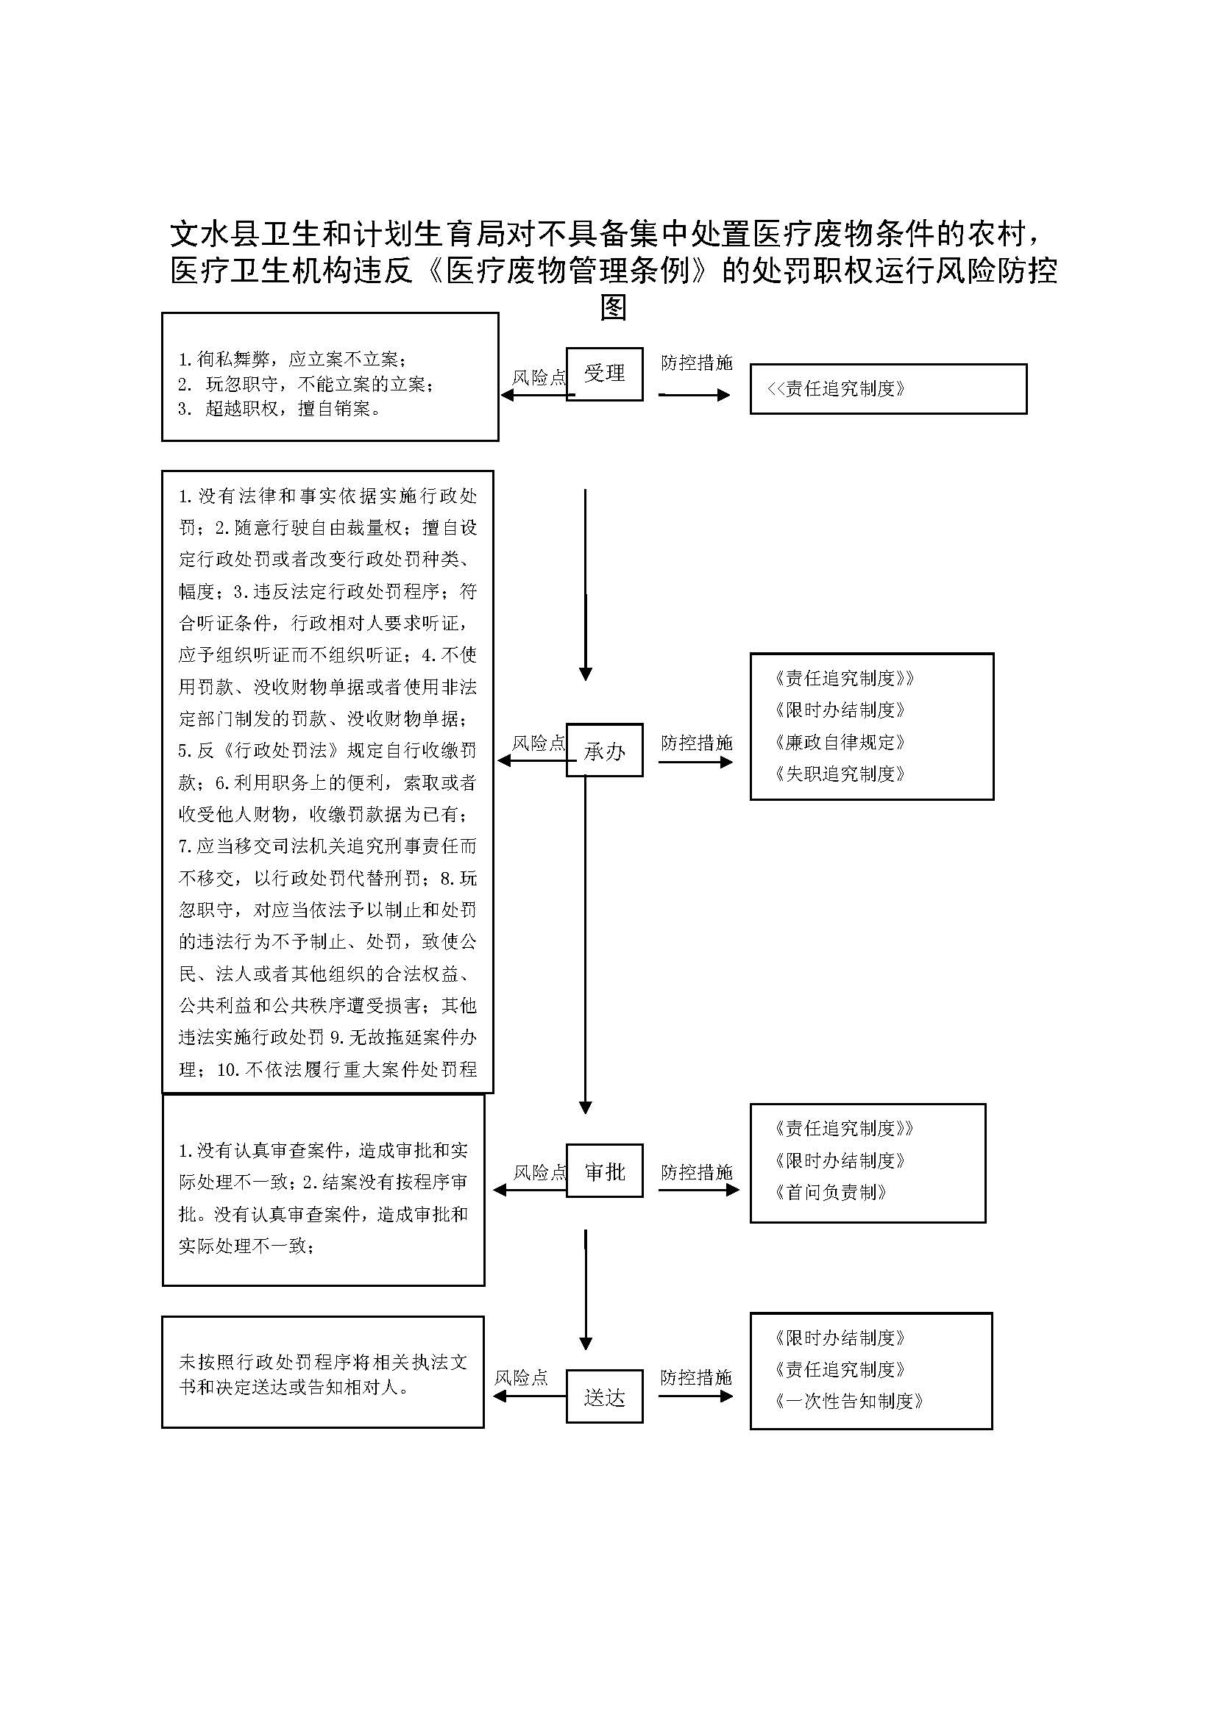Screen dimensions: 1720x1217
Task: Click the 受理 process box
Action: pyautogui.click(x=604, y=374)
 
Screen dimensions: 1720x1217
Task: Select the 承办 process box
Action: pyautogui.click(x=604, y=750)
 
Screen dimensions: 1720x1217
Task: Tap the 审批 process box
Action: pyautogui.click(x=604, y=1171)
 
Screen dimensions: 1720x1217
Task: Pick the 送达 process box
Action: pyautogui.click(x=604, y=1396)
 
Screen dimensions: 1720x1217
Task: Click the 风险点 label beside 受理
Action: pyautogui.click(x=538, y=377)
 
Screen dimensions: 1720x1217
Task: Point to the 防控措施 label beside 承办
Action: pyautogui.click(x=696, y=743)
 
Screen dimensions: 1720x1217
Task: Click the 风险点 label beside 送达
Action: pyautogui.click(x=521, y=1377)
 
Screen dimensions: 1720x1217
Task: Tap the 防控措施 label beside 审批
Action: pyautogui.click(x=696, y=1172)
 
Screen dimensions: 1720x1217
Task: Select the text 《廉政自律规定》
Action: pyautogui.click(x=840, y=743)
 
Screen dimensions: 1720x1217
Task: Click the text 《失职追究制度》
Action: pyautogui.click(x=840, y=774)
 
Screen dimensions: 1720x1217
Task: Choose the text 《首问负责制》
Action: pyautogui.click(x=831, y=1193)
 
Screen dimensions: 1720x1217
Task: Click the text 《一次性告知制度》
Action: pyautogui.click(x=849, y=1401)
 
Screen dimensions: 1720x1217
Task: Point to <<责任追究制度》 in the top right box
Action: pyautogui.click(x=837, y=389)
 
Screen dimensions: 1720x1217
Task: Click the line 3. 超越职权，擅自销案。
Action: pyautogui.click(x=279, y=409)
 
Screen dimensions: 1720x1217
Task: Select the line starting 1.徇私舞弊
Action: pyautogui.click(x=292, y=360)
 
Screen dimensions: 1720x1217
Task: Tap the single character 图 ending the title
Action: pyautogui.click(x=613, y=307)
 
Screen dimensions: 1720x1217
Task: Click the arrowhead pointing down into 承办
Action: pyautogui.click(x=586, y=674)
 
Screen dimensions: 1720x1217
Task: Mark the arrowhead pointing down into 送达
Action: pyautogui.click(x=586, y=1344)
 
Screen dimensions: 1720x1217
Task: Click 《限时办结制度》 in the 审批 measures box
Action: pyautogui.click(x=840, y=1161)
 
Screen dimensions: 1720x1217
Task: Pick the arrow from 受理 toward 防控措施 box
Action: pyautogui.click(x=694, y=395)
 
